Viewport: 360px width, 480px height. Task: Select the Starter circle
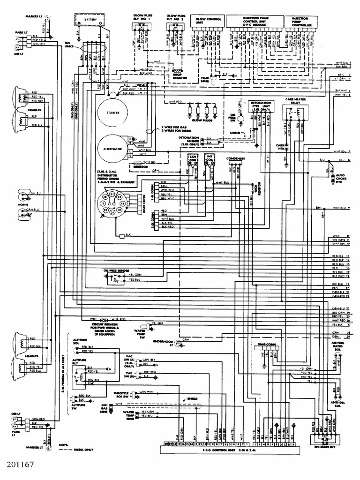[x=113, y=113]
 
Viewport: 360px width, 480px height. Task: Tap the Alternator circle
[x=113, y=149]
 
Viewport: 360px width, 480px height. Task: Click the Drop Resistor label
[x=177, y=75]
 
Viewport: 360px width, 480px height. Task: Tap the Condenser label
[x=236, y=158]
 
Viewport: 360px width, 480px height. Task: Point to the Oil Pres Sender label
[x=116, y=270]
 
